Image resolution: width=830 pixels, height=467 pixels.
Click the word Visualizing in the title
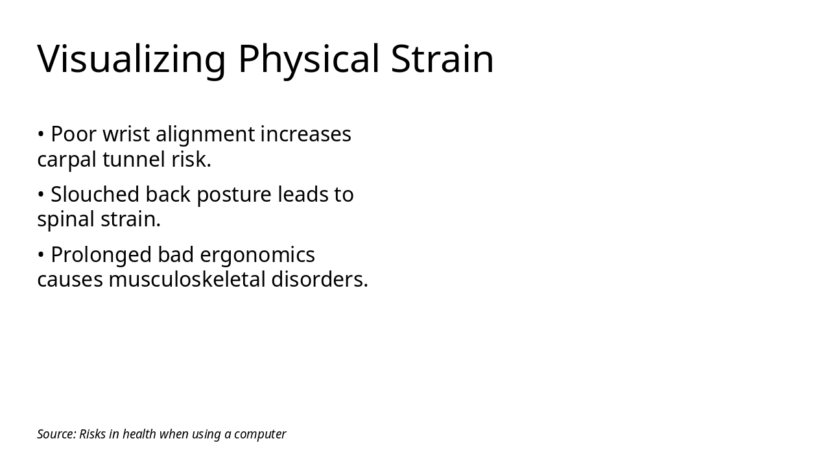132,59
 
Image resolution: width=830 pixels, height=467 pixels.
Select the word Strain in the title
442,59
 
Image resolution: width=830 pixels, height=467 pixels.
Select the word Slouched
95,195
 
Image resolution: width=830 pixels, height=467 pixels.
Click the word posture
234,195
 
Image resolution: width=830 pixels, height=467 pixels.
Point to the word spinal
66,219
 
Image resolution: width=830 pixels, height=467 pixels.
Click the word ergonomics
257,255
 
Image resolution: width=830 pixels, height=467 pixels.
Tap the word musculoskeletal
187,280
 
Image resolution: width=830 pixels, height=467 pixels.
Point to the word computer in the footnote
260,434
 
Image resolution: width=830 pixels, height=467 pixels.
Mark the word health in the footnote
139,434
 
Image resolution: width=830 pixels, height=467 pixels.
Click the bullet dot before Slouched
41,195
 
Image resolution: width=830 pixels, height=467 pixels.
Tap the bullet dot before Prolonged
41,255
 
